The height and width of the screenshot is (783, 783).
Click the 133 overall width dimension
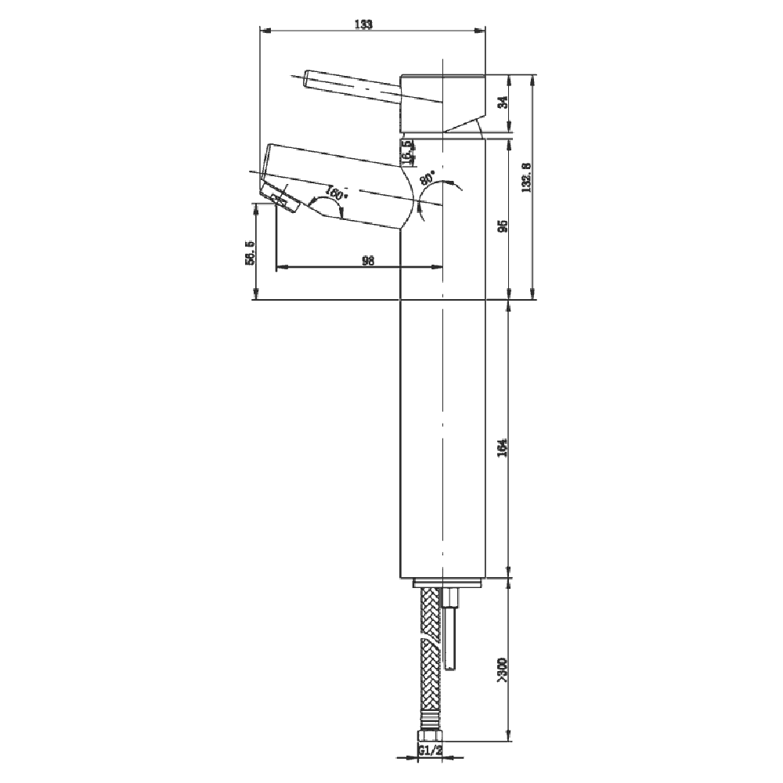click(x=363, y=23)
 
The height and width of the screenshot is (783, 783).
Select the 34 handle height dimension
click(x=503, y=102)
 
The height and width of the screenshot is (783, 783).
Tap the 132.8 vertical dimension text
click(x=526, y=177)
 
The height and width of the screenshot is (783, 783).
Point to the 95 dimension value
click(x=503, y=226)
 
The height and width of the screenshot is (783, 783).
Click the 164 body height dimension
click(x=503, y=447)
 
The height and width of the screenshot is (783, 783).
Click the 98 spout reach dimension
click(x=366, y=260)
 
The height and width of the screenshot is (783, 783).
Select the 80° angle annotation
click(x=428, y=177)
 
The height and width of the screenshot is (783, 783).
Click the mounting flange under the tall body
click(x=446, y=583)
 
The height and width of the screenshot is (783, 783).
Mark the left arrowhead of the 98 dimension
click(x=281, y=268)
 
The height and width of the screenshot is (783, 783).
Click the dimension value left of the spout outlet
click(x=250, y=253)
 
